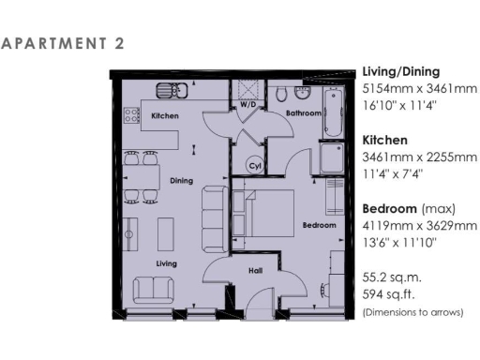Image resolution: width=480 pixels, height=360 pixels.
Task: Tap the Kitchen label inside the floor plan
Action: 165,116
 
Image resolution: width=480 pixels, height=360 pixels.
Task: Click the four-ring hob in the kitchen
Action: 211,92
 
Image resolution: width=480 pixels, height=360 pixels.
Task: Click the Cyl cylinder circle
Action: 252,166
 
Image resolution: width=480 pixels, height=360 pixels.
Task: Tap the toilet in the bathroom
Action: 282,93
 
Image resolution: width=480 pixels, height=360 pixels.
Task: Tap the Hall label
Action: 254,271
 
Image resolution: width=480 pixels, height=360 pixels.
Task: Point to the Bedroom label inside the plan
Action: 319,226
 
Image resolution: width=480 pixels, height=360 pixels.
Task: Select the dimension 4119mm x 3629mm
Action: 419,226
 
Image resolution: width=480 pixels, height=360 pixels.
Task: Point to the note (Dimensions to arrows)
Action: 412,312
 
